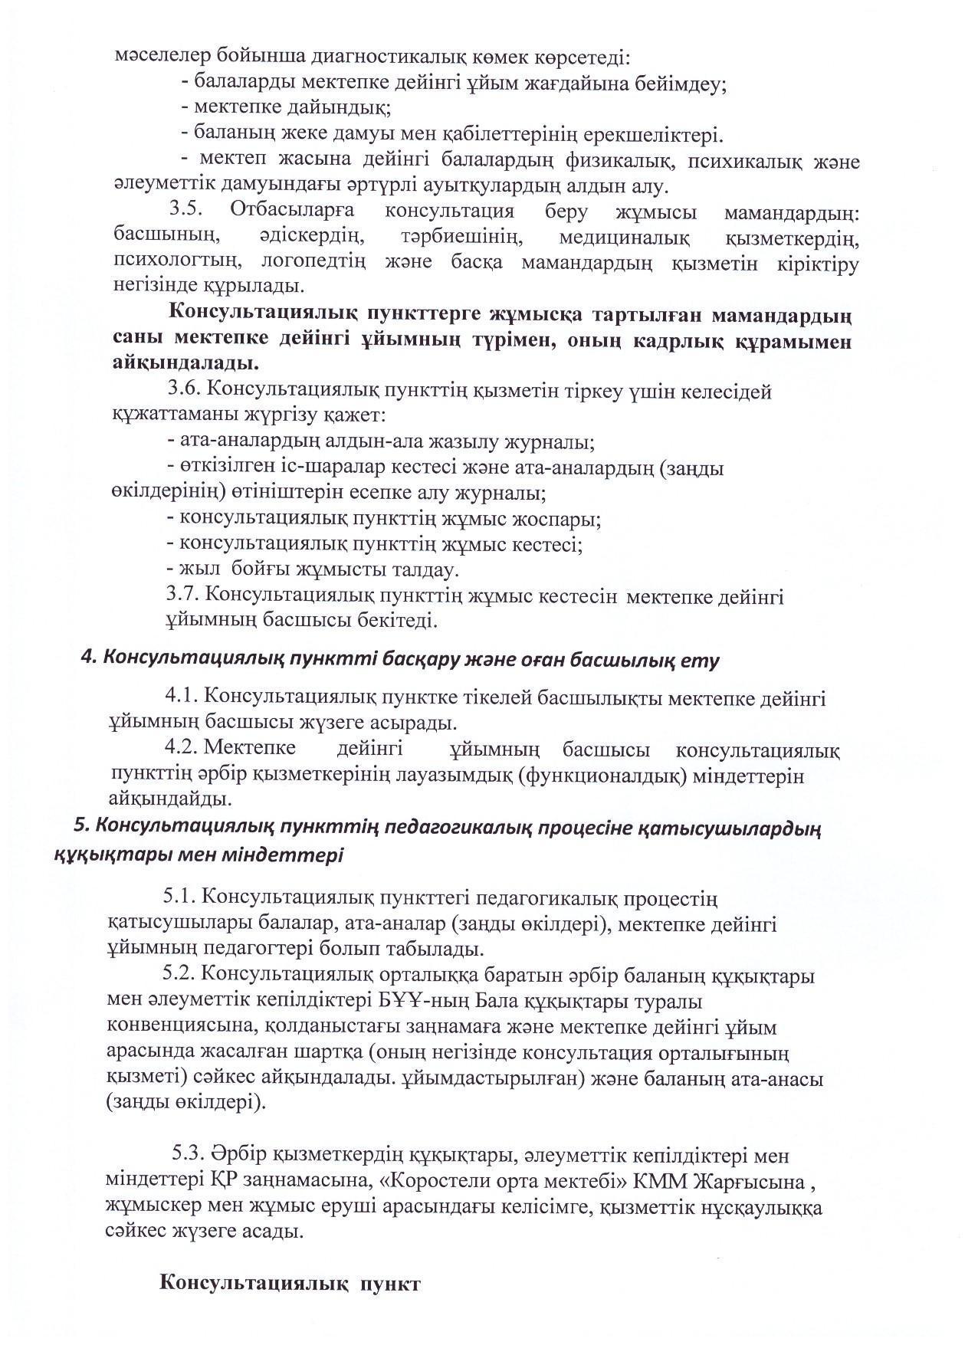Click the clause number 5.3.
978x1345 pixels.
[186, 1154]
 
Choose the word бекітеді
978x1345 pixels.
[397, 620]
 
